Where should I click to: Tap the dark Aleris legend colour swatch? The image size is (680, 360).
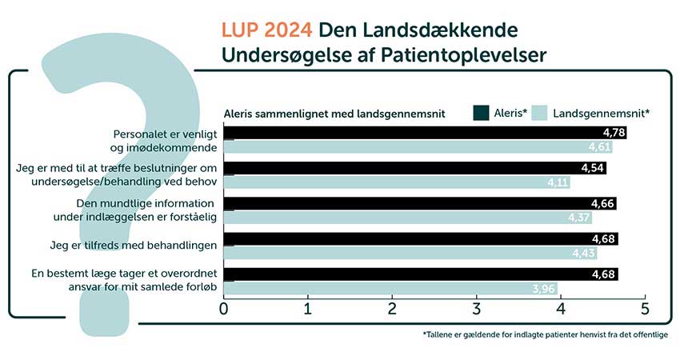pos(481,113)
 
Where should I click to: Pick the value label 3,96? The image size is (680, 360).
pos(543,289)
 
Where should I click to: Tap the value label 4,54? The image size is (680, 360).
pos(592,168)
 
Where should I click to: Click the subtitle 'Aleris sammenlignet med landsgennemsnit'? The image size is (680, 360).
pos(334,114)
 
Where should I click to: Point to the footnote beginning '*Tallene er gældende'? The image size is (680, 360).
pos(545,334)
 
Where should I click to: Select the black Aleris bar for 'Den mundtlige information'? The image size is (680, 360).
pos(420,203)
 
